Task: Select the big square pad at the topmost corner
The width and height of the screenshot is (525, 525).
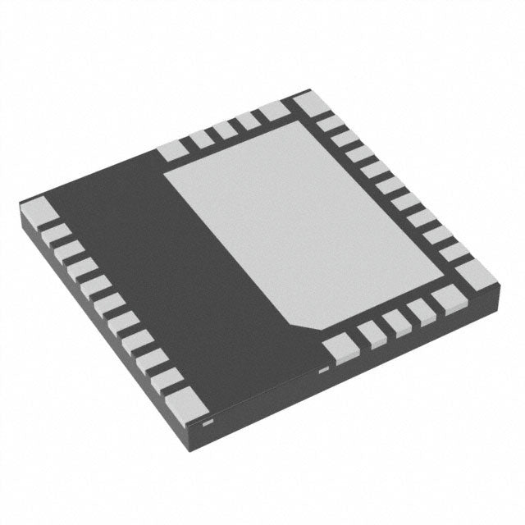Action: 308,105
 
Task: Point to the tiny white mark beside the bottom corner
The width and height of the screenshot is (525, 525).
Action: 208,422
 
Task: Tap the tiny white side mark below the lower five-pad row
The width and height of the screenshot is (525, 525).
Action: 322,371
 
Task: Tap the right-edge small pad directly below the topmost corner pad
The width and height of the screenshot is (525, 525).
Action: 331,125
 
